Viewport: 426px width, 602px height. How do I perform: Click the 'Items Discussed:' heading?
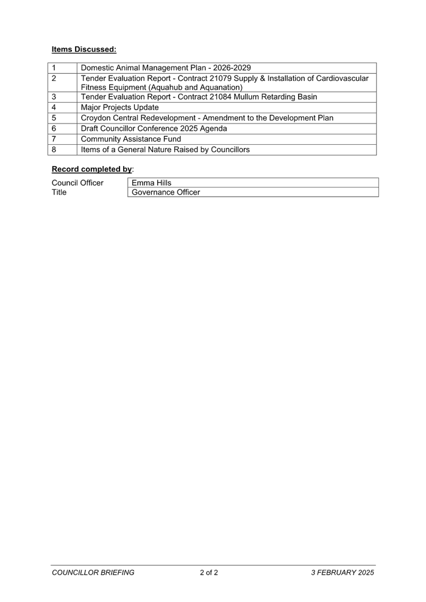(x=84, y=49)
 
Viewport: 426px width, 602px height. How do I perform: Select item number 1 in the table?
(x=54, y=68)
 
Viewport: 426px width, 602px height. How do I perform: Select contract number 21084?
(x=221, y=97)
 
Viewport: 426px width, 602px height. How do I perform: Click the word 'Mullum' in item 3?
(x=246, y=97)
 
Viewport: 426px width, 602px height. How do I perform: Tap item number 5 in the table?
(x=54, y=118)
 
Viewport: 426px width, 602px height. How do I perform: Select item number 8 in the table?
(x=54, y=150)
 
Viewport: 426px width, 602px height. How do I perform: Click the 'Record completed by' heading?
(x=92, y=169)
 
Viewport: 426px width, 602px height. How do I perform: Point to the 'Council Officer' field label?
(x=77, y=183)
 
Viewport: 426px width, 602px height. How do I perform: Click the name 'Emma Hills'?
(x=152, y=183)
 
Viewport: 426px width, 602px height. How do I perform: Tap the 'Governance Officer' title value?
(x=166, y=192)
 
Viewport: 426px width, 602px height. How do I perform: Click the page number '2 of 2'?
(x=209, y=573)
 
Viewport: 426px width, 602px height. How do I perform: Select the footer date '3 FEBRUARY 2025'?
(x=343, y=573)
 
